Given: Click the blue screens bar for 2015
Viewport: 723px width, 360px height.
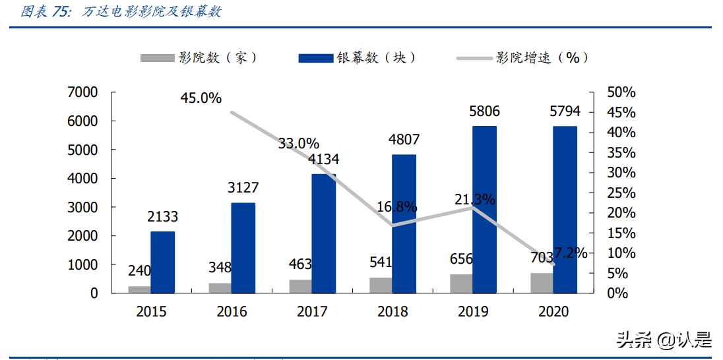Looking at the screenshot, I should (x=162, y=262).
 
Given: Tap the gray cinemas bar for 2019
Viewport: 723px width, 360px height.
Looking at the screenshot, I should (x=461, y=284).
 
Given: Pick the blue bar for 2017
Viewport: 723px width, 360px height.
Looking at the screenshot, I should (x=323, y=233).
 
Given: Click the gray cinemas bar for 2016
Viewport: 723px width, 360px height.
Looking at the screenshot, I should (x=220, y=287).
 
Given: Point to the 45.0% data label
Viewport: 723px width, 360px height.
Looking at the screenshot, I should (x=201, y=98).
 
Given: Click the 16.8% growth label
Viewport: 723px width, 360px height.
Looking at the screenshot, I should (x=397, y=207).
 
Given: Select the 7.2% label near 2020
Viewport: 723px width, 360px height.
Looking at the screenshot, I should (x=570, y=253).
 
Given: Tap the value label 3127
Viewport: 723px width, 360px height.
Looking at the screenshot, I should (x=243, y=188).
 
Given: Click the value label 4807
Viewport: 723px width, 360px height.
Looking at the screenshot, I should (x=404, y=140).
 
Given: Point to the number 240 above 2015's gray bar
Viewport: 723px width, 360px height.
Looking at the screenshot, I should (x=139, y=270).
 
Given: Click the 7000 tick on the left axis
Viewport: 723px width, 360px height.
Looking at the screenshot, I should (x=83, y=92).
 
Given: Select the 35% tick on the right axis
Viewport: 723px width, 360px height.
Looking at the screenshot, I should (x=621, y=153).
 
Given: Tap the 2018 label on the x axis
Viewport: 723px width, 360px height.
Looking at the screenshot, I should (x=393, y=312).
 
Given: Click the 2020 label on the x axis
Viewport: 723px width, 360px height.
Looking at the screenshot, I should (x=553, y=312).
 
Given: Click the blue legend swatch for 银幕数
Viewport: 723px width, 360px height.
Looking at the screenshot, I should (x=315, y=58).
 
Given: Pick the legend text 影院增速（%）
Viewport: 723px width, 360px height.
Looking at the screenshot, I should (x=542, y=58).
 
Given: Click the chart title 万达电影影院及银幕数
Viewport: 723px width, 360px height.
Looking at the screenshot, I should (x=152, y=12).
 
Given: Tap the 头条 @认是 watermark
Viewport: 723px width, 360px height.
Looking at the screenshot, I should (x=664, y=340).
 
